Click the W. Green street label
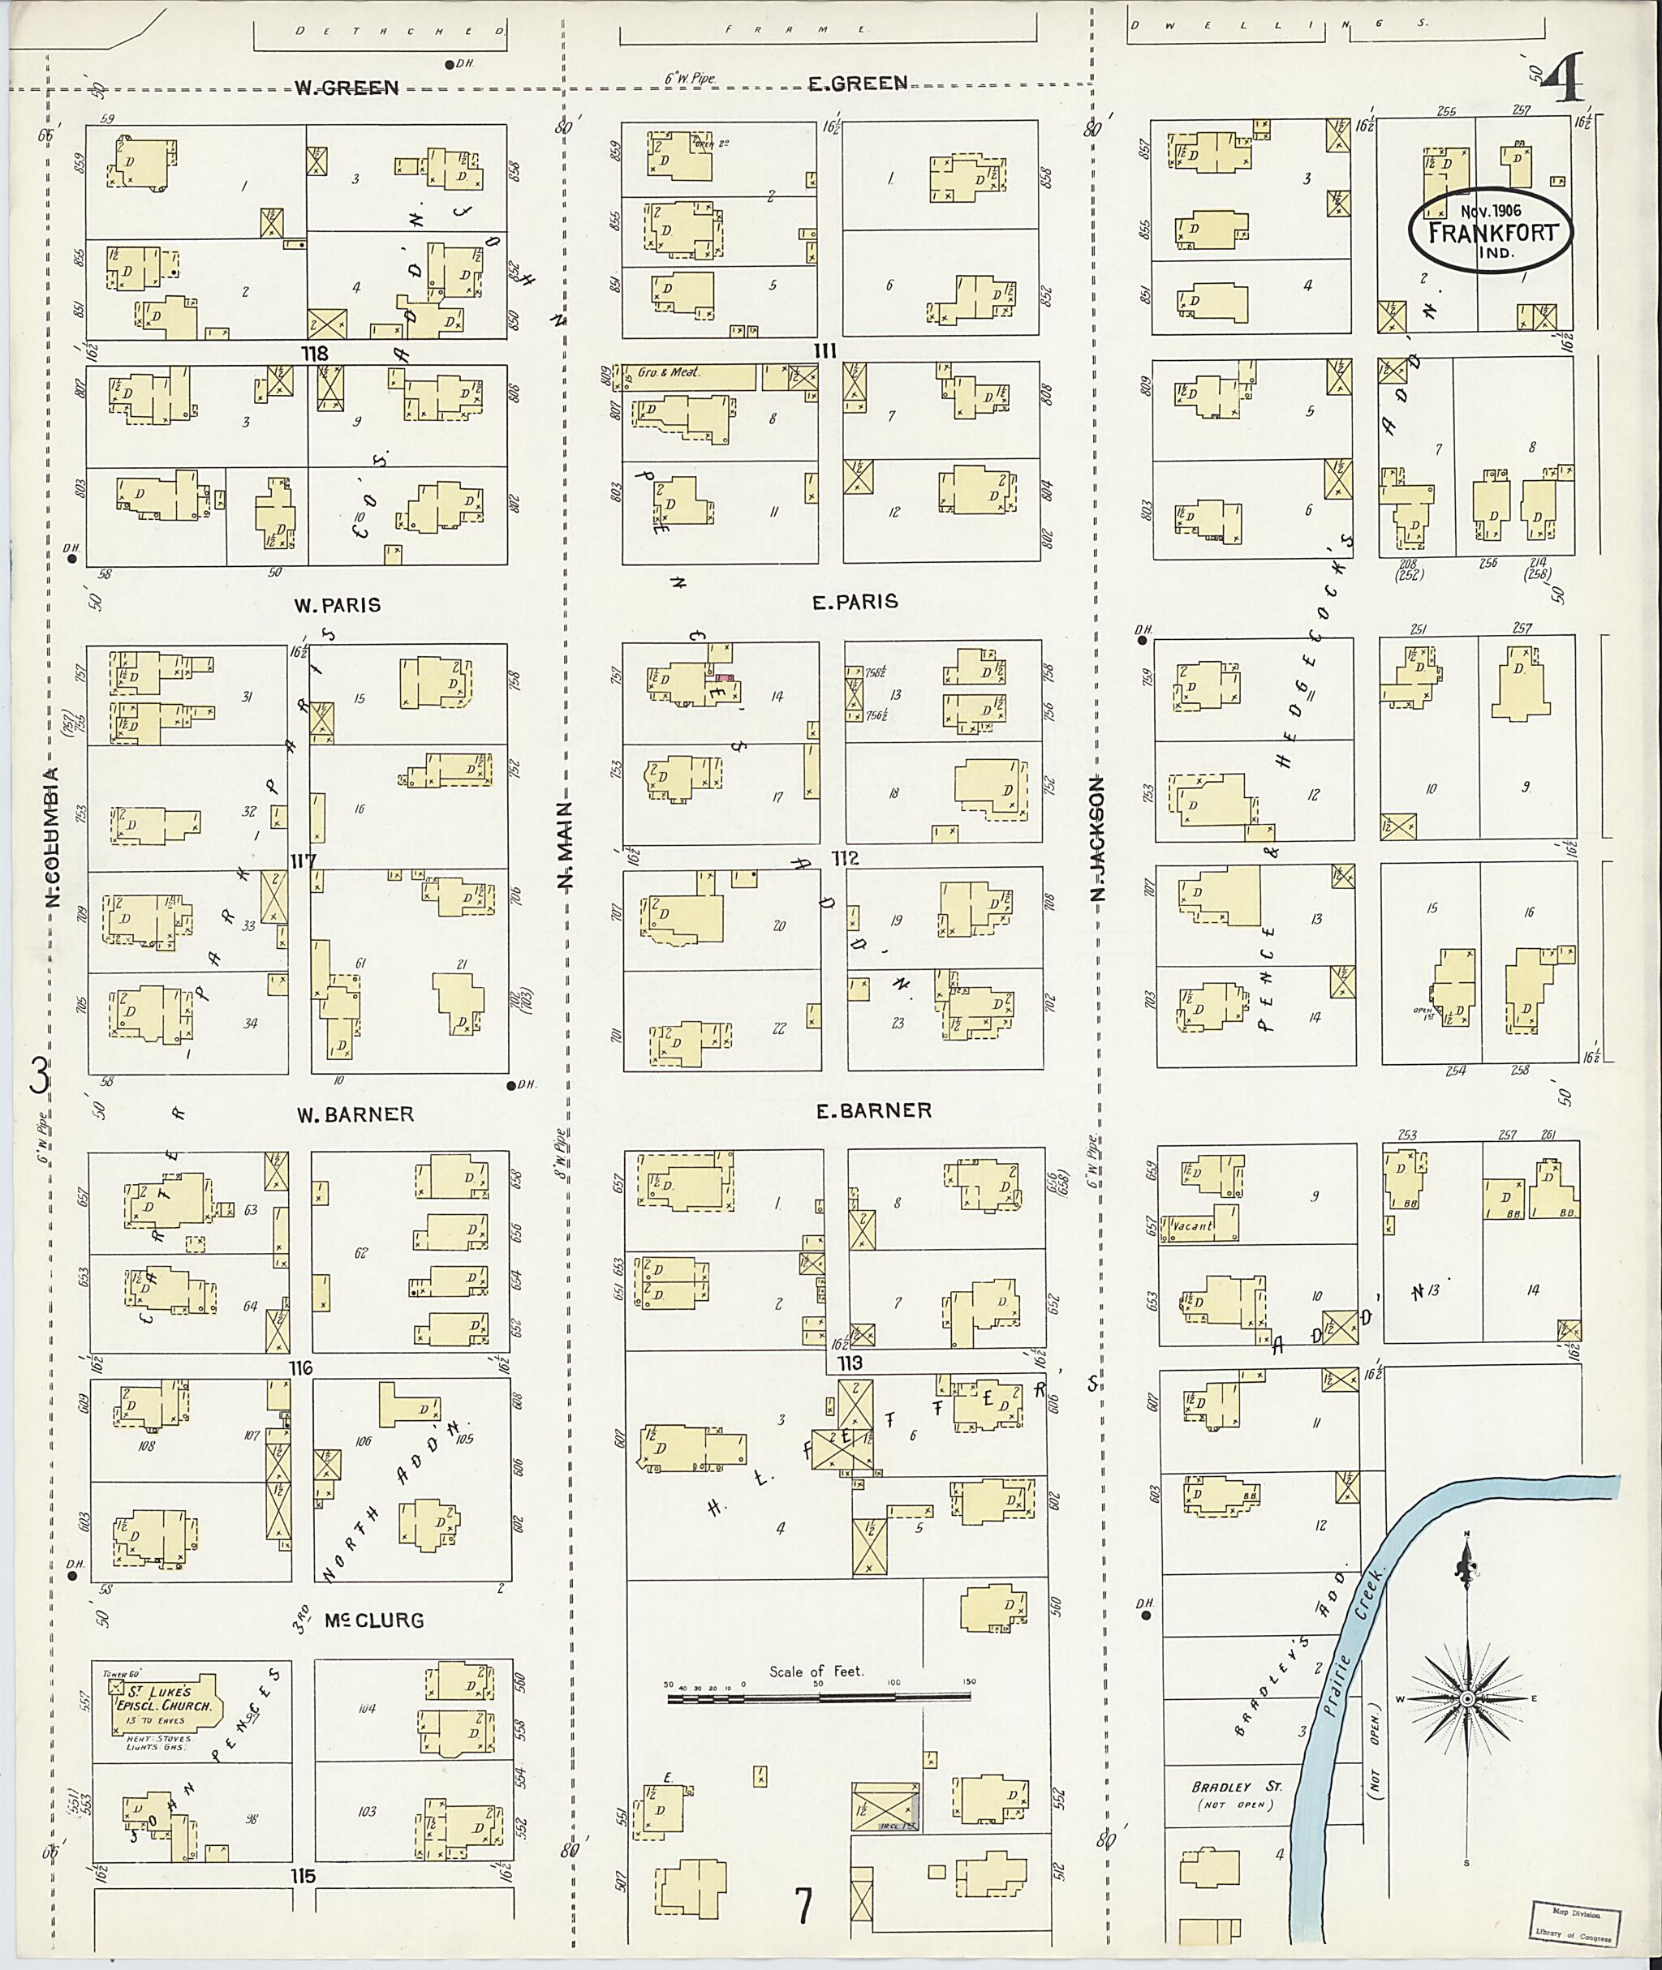347,88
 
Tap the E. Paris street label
855,601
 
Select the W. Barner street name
355,1114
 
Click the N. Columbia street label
54,838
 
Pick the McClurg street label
373,1620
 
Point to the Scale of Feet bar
818,1697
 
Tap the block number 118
314,353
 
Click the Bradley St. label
1223,1787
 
